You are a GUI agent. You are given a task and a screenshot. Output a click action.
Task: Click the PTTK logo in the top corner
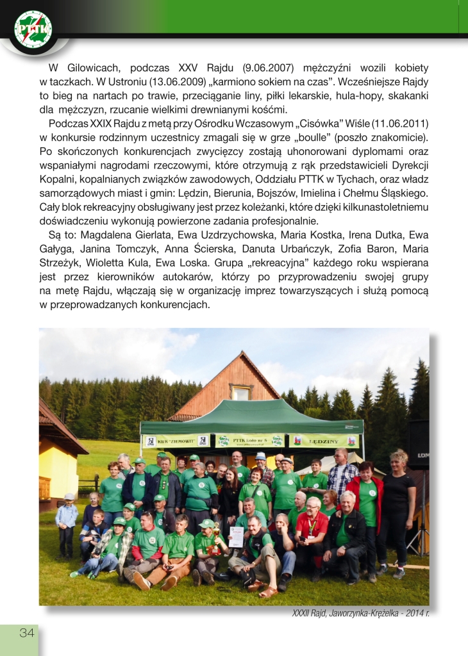33,29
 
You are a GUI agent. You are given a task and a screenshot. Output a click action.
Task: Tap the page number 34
26,633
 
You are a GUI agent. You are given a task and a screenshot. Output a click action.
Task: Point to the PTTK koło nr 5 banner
250,441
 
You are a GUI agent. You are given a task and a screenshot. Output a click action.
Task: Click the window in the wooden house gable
240,392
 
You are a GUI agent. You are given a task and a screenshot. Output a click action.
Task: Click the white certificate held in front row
237,536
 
